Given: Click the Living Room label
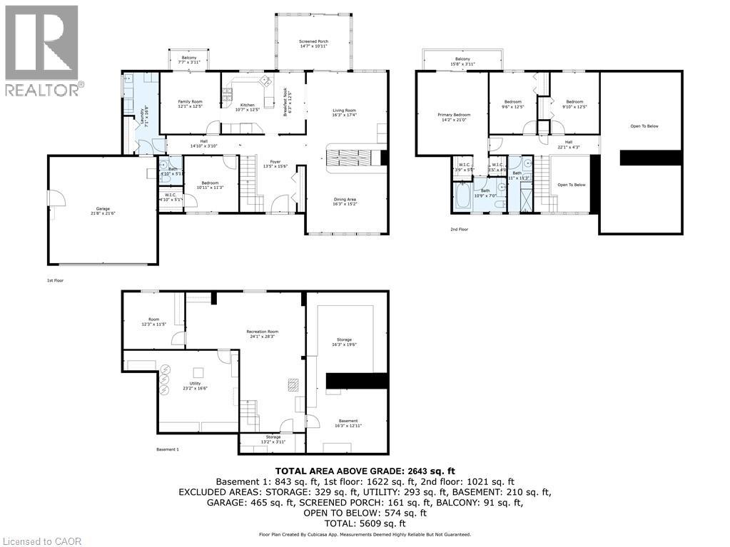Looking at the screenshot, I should (x=345, y=112).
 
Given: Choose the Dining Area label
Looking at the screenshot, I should (x=345, y=201).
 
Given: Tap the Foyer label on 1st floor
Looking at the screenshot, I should (x=275, y=163).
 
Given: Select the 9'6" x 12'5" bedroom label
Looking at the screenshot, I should (x=512, y=104).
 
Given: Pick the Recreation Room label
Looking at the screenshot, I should (x=262, y=334).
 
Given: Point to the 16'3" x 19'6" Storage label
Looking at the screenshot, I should (x=345, y=342).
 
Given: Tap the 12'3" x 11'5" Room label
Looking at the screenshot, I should (x=153, y=322).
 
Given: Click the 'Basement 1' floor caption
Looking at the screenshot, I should (x=167, y=449).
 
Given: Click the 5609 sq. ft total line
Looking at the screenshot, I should (x=365, y=523).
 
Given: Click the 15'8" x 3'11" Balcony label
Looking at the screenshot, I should (x=462, y=61).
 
